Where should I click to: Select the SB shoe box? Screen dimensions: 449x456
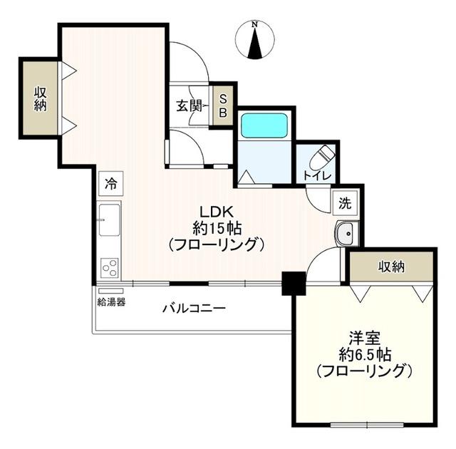click(222, 105)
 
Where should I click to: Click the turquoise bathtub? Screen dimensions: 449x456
click(263, 125)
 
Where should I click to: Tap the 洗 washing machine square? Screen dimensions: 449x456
click(344, 203)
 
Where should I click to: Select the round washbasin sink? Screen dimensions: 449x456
click(346, 232)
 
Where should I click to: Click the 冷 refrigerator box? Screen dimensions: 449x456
click(110, 183)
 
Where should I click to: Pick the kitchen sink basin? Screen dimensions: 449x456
click(110, 219)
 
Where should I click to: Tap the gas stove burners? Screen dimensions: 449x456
click(110, 267)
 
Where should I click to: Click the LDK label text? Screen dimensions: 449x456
click(217, 212)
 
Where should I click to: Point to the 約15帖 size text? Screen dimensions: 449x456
click(217, 228)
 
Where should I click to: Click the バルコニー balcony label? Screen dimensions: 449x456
click(194, 309)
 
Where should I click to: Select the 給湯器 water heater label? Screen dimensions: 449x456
click(111, 301)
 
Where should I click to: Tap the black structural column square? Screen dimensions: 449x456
click(293, 283)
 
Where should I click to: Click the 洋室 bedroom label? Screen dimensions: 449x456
click(363, 337)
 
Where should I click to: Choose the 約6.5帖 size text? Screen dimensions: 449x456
click(364, 354)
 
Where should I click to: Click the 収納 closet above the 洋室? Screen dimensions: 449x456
click(391, 267)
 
